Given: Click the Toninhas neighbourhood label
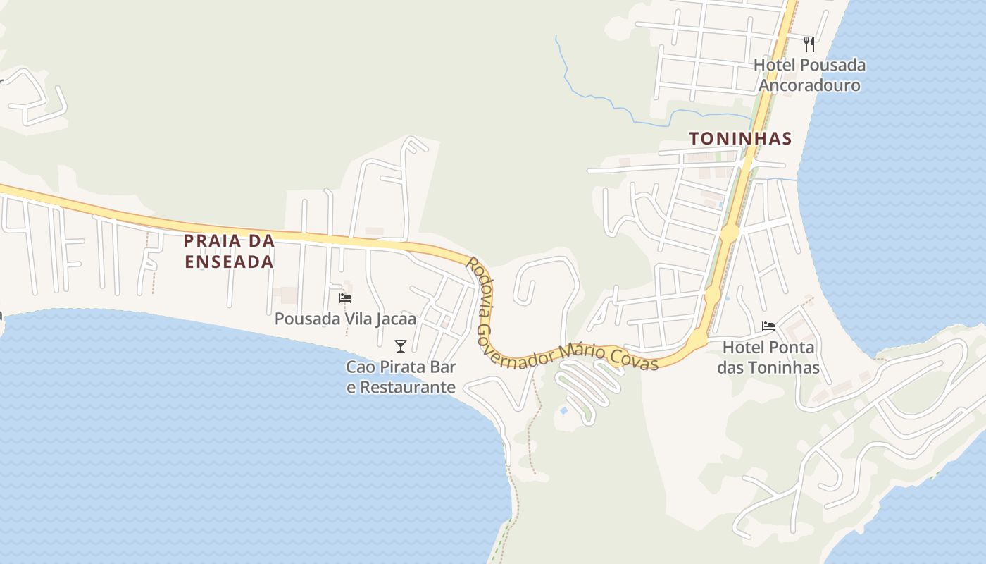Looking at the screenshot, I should [740, 138].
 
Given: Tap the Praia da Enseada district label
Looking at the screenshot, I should [229, 251].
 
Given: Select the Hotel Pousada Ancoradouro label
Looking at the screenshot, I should [809, 75].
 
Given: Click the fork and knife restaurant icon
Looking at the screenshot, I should [809, 44].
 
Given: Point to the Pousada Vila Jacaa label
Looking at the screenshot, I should [345, 319].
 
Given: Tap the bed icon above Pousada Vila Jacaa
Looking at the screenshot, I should [345, 298].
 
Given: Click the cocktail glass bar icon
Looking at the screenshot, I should [401, 345].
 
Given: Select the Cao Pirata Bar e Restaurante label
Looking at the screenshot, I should [401, 377].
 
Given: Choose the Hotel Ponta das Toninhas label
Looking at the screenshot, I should [768, 357].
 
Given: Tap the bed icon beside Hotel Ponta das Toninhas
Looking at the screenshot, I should [768, 326].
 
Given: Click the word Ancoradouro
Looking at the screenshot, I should [809, 85].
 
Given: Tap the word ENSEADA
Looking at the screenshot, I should [229, 262].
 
